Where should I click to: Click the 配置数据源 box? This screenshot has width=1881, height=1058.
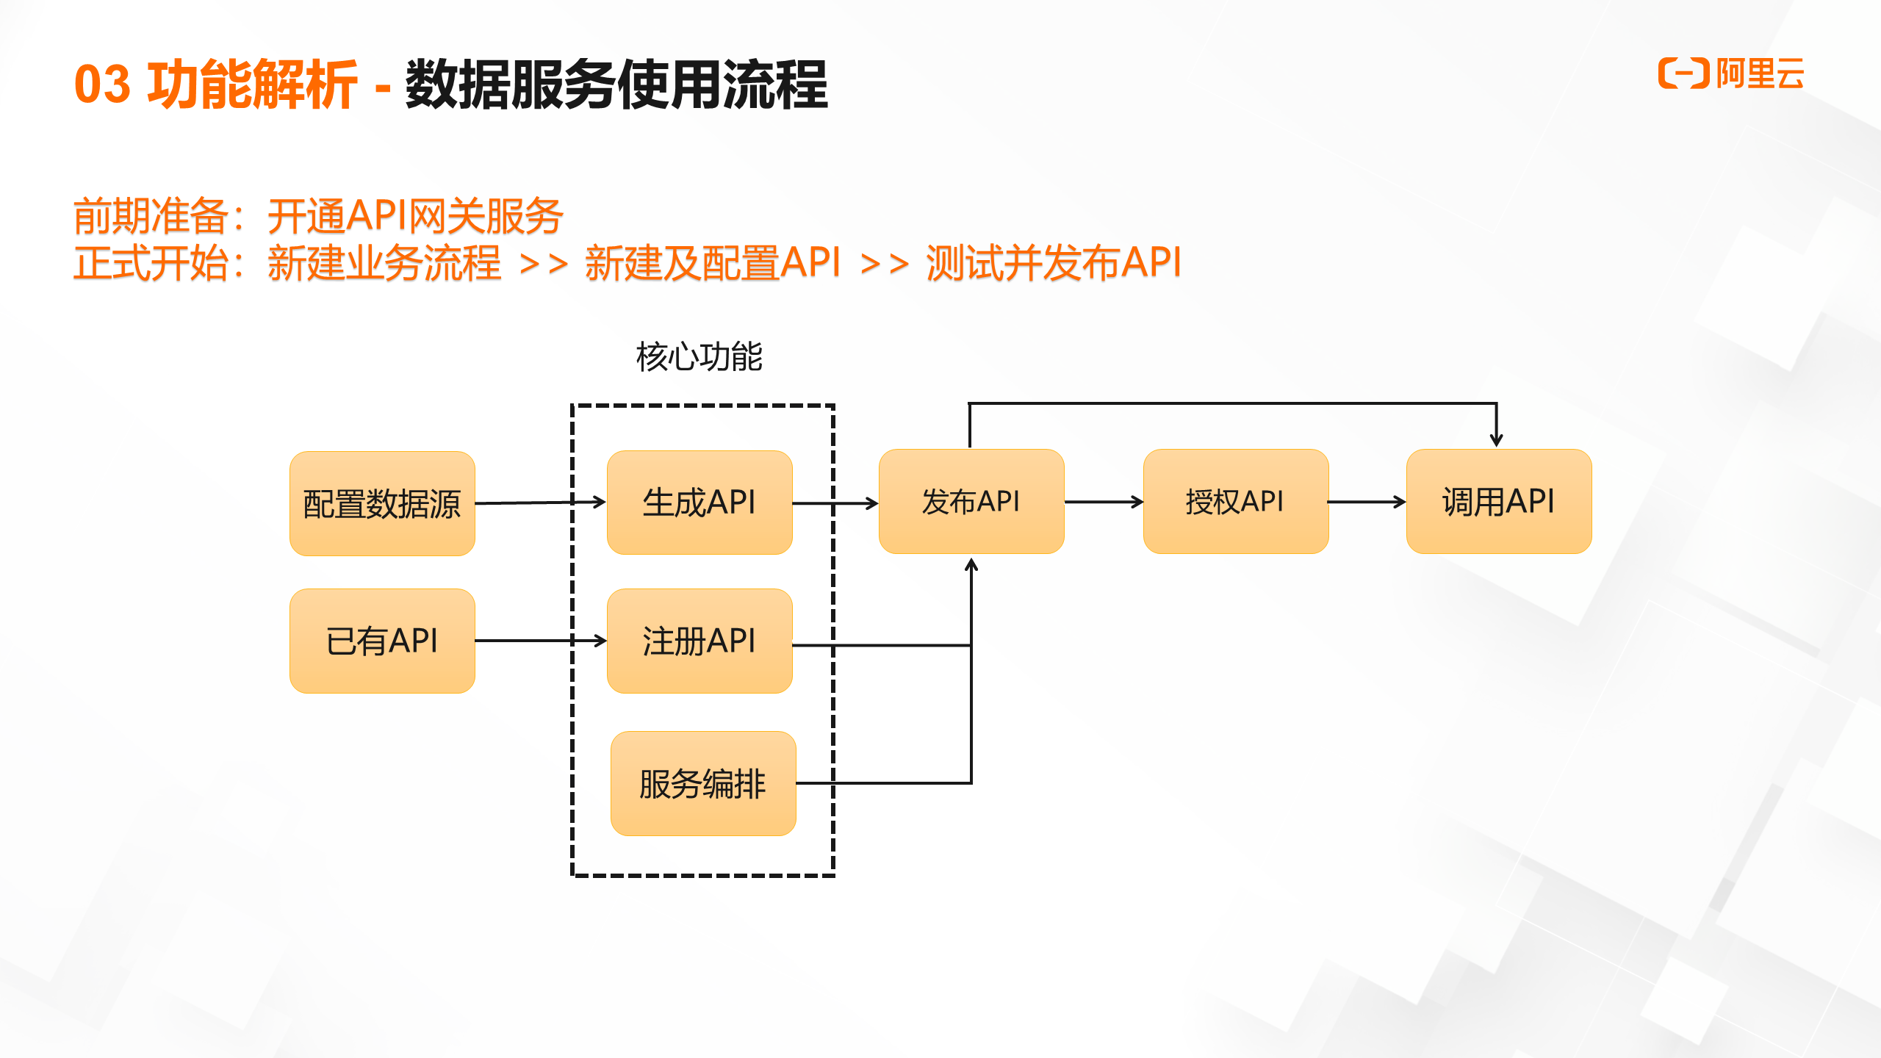382,503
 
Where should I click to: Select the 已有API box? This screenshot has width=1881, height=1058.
382,641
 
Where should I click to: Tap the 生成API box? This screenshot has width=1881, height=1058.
699,503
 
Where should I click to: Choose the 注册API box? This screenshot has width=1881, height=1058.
699,641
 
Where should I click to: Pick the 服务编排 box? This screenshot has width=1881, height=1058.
703,783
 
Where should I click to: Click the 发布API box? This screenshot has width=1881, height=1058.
971,501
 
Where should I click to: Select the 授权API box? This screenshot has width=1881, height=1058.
1236,501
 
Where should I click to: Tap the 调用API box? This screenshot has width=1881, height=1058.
1499,501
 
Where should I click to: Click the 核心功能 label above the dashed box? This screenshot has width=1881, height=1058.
699,357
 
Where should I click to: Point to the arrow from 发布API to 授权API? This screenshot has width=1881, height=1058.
1104,502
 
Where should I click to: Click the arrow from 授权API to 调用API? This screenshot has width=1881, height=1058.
1367,502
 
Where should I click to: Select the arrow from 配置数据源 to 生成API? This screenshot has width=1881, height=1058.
540,503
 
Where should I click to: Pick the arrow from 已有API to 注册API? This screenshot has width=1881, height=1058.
540,641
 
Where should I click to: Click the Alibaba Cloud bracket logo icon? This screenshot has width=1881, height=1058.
1684,73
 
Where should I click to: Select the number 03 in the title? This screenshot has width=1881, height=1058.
103,84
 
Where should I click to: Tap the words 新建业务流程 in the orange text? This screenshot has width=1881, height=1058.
384,263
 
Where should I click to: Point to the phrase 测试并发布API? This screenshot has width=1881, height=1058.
1054,263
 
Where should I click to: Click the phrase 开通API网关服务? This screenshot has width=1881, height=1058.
415,216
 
